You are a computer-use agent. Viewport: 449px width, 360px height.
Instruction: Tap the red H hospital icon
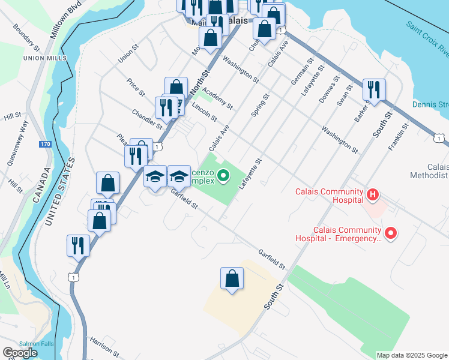(373, 194)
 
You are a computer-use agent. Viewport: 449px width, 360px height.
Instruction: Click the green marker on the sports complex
(223, 176)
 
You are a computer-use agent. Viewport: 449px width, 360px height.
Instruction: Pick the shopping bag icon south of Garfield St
(232, 279)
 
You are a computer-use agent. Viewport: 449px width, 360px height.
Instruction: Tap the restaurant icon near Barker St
(374, 90)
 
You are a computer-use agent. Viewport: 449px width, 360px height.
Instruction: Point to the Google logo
(20, 353)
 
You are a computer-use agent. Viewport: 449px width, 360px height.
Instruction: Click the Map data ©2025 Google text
(411, 355)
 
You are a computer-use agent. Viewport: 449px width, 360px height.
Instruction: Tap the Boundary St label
(26, 37)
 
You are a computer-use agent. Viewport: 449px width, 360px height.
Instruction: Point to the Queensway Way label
(17, 143)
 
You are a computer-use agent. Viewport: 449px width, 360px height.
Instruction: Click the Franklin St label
(399, 137)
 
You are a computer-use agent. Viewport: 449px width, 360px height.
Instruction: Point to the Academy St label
(217, 97)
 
